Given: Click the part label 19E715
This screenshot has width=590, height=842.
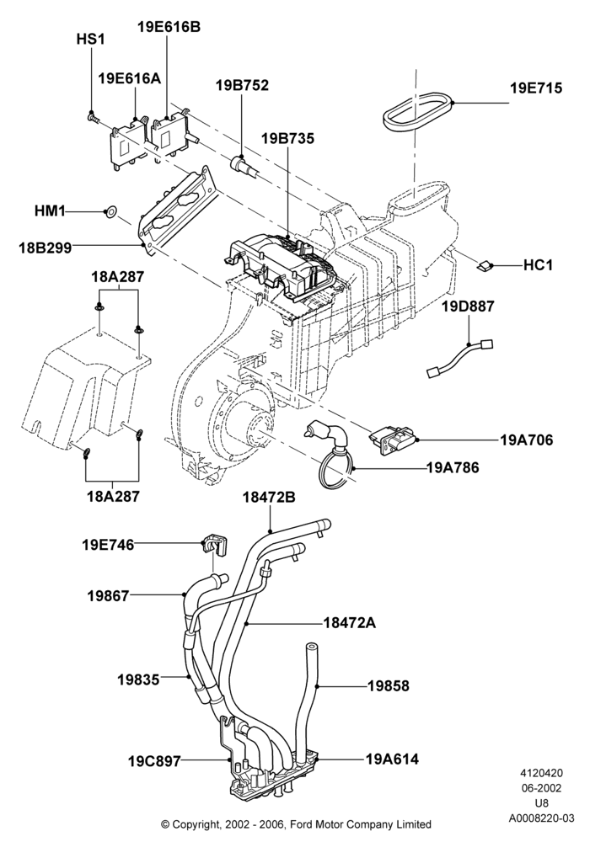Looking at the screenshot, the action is (x=536, y=88).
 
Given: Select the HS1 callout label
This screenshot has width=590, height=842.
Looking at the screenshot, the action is (x=89, y=40).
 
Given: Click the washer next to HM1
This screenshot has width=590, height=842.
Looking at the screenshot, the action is (x=110, y=211).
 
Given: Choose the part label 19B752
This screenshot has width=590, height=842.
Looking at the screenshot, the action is (x=242, y=85).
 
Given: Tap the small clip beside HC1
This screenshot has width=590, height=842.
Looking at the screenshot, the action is (x=485, y=265).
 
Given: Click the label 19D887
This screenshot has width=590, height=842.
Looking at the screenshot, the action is (x=468, y=306).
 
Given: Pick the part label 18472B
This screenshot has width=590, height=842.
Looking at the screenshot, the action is (x=269, y=497).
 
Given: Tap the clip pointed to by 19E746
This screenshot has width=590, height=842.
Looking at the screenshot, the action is (x=215, y=545).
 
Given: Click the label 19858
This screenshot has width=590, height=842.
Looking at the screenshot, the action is (x=389, y=685).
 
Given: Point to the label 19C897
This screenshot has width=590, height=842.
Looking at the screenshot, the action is (x=154, y=761).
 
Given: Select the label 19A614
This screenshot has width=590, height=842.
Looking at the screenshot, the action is (x=392, y=759).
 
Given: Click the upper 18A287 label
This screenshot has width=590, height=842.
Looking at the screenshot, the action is (x=117, y=277).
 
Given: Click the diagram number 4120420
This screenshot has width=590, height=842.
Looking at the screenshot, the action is (x=541, y=773).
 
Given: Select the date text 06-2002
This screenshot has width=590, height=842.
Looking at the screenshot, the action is (x=541, y=788).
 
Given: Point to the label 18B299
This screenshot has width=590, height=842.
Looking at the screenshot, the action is (x=46, y=248).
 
